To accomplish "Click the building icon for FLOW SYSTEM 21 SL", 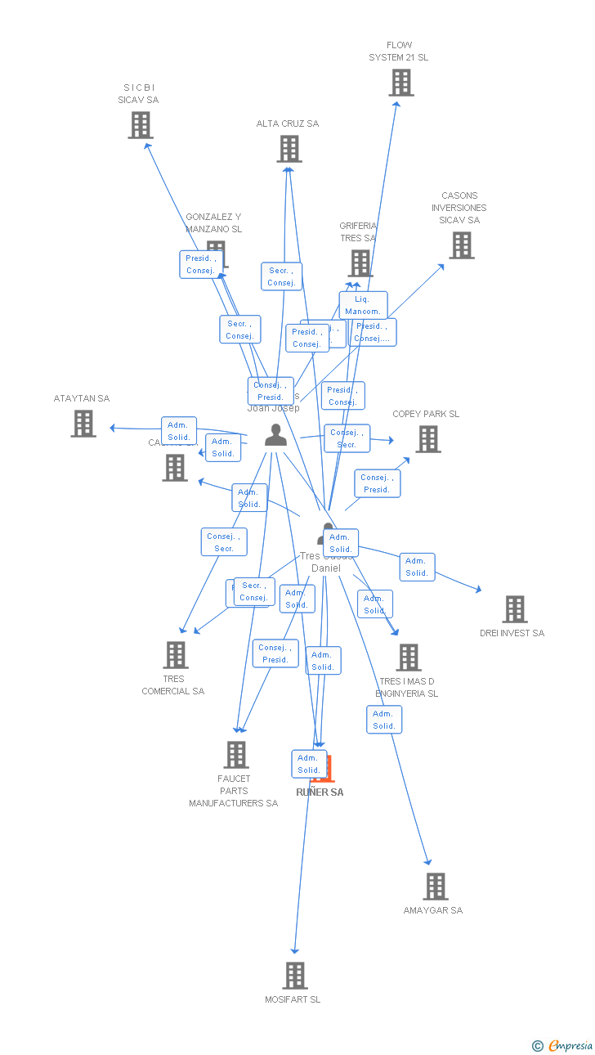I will [400, 83].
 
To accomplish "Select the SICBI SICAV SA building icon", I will [141, 125].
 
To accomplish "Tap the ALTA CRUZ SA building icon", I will [289, 149].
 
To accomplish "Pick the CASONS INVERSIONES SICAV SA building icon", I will [461, 245].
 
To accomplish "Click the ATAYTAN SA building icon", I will [83, 424].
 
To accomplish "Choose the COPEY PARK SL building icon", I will [427, 439].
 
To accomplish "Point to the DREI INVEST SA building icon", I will [514, 609].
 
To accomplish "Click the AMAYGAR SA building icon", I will [435, 887].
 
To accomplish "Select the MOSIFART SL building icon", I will [294, 976].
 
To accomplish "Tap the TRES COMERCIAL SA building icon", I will [175, 655].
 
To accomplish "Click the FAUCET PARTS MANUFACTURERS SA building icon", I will [235, 755].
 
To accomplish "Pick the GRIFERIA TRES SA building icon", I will [360, 263].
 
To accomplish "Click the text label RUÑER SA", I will [320, 792].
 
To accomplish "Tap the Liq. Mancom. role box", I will [363, 305].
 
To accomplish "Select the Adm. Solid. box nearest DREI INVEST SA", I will [417, 567].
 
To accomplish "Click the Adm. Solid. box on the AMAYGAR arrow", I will [384, 720].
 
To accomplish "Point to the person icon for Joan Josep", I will [275, 436].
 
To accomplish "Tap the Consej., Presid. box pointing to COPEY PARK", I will [377, 483].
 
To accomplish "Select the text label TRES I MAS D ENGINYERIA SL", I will [406, 687].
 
